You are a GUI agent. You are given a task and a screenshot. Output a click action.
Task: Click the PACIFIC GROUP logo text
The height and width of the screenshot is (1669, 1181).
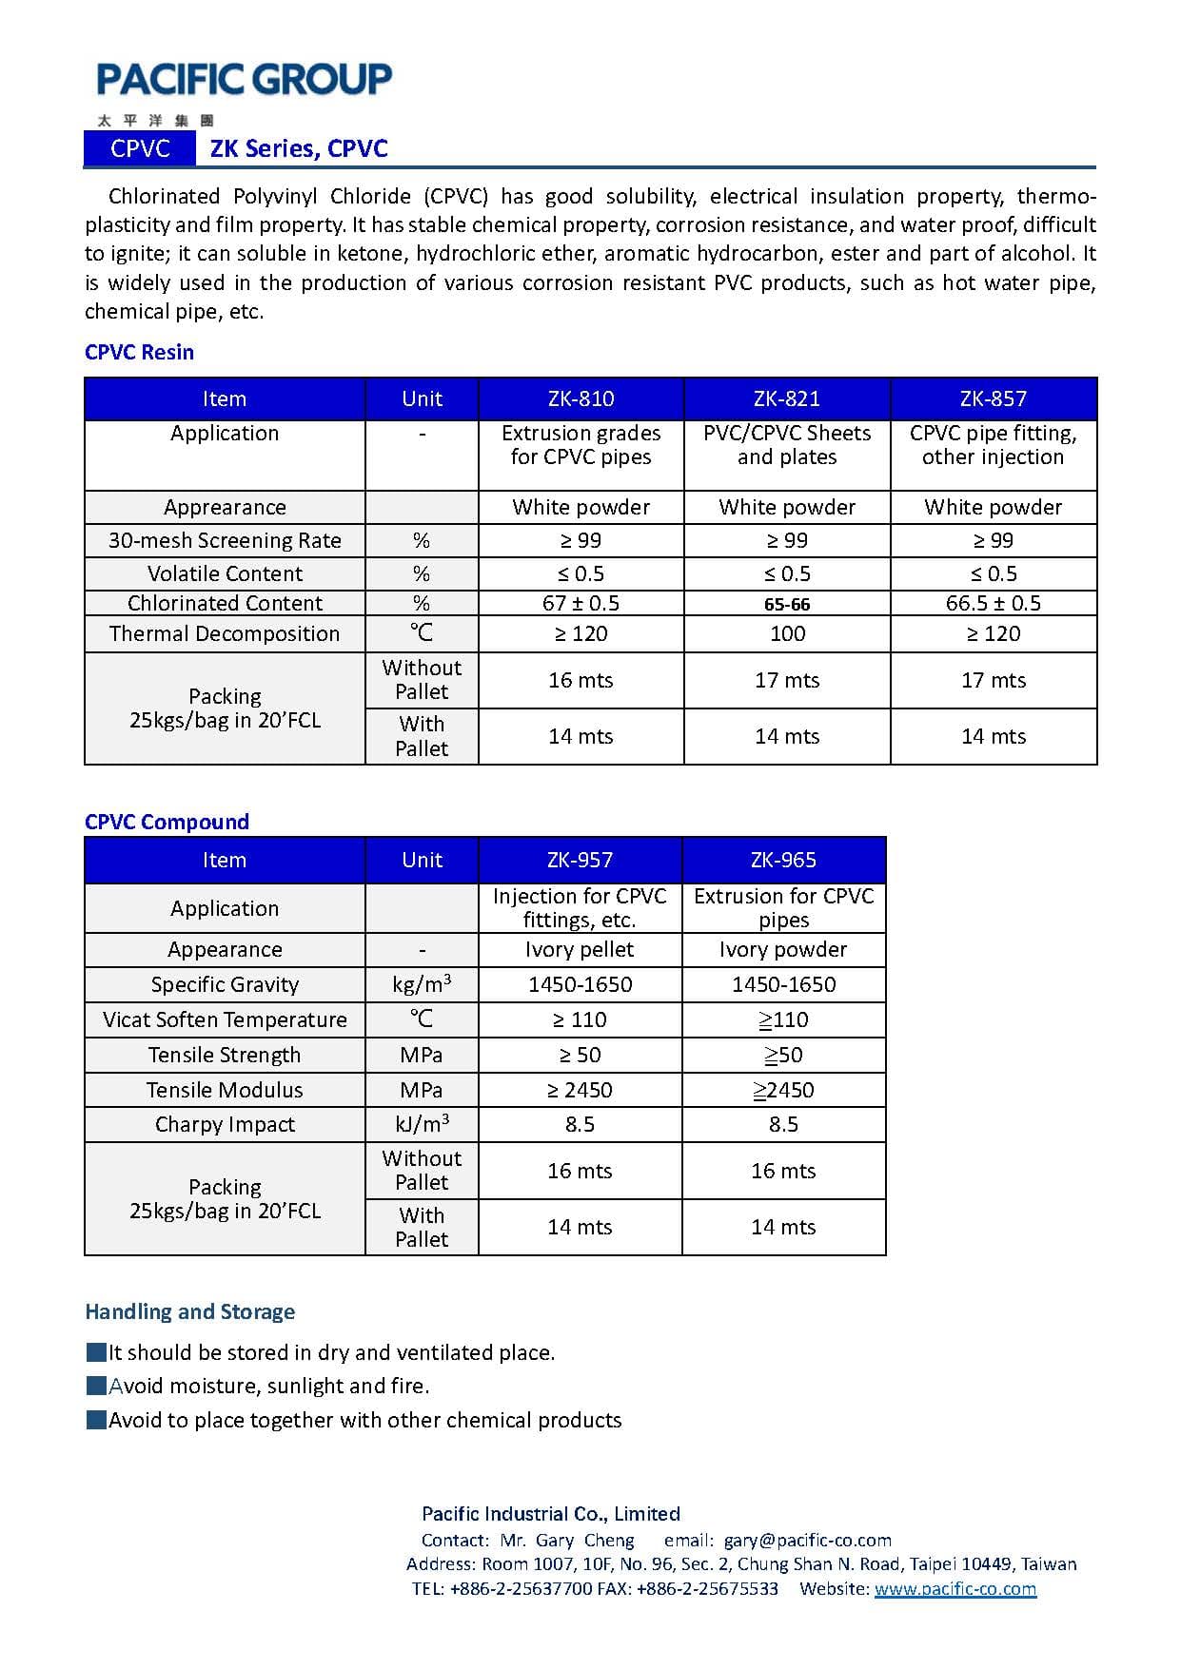tap(244, 79)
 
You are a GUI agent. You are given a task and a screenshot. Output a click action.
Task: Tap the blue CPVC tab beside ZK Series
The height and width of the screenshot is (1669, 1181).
tap(140, 148)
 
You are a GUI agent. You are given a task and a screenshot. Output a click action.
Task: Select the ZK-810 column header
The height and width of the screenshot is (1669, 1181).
tap(581, 398)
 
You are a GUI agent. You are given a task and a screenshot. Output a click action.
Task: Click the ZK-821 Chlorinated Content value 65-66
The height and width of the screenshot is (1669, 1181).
tap(787, 604)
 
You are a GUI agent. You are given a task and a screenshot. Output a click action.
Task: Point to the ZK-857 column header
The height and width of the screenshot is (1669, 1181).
tap(993, 398)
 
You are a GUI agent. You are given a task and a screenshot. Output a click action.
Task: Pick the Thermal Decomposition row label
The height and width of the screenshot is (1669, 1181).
tap(225, 633)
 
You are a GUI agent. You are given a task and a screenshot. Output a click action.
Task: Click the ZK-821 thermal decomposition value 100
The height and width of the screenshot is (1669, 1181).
tap(787, 633)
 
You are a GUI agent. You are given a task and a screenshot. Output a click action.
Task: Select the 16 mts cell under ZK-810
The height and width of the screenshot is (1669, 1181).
tap(581, 680)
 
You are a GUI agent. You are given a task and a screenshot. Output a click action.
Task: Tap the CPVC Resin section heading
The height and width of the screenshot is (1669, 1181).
tap(139, 352)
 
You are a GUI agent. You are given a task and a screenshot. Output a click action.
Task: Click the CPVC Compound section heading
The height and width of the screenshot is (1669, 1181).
tap(167, 822)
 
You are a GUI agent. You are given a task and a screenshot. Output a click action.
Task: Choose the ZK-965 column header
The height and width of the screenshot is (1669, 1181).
tap(783, 860)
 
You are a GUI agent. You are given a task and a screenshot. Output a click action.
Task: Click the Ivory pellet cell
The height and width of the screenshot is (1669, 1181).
tap(580, 949)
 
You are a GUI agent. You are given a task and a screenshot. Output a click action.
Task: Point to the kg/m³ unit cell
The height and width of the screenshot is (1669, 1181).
tap(422, 984)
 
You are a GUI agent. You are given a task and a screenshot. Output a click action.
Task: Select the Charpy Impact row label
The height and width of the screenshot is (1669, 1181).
tap(225, 1124)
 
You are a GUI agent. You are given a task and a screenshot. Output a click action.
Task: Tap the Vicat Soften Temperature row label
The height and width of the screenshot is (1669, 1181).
tap(225, 1019)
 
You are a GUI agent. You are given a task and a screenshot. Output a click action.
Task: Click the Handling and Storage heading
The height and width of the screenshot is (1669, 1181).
tap(189, 1311)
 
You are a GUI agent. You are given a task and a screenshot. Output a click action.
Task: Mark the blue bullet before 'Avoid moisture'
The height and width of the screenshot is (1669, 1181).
tap(95, 1386)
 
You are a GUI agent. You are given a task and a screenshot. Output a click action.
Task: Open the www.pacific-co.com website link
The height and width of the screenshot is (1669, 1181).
tap(955, 1588)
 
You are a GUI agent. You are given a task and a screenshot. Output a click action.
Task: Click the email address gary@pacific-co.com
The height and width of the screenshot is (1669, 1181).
tap(807, 1540)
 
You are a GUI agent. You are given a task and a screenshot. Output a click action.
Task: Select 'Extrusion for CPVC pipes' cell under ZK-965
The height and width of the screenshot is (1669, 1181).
tap(783, 908)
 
